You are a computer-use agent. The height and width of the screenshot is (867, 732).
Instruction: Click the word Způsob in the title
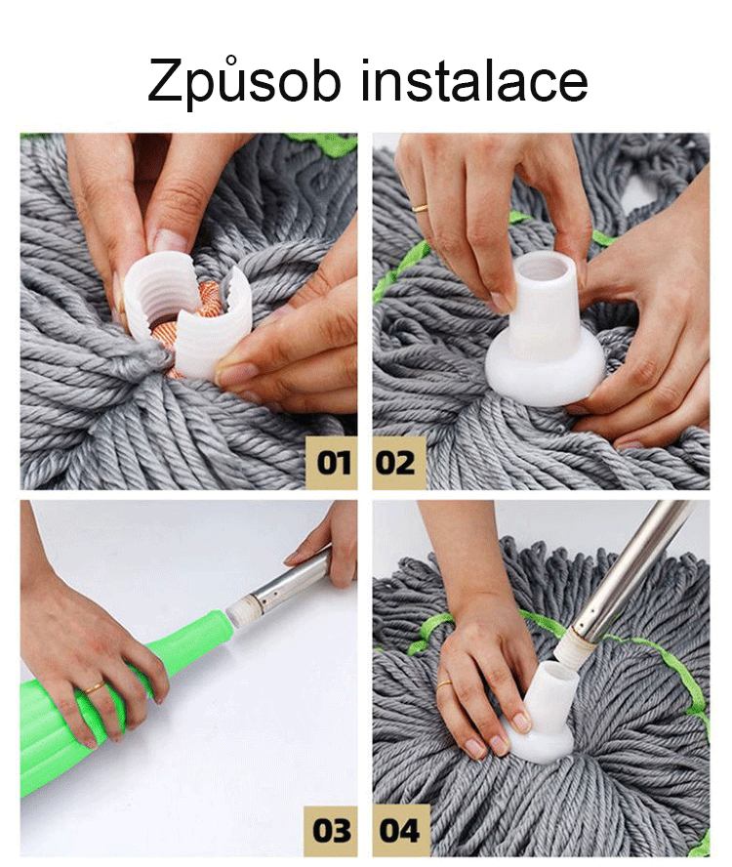244,82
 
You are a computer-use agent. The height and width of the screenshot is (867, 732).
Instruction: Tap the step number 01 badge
332,462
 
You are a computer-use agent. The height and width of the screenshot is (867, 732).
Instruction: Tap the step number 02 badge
398,462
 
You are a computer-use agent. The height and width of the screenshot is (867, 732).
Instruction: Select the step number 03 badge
331,830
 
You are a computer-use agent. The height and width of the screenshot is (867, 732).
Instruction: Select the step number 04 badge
400,830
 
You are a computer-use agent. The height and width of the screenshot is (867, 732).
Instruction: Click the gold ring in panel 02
421,208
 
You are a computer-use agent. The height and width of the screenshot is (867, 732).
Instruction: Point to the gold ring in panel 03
94,688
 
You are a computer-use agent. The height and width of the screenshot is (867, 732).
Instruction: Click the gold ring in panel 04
443,686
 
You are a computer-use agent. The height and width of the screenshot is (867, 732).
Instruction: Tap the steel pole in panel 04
625,575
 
